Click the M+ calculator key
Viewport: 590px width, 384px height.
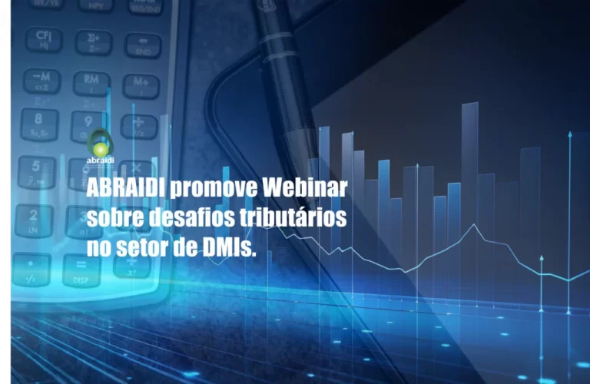pos(141,83)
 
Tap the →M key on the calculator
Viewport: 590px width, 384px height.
pos(41,78)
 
